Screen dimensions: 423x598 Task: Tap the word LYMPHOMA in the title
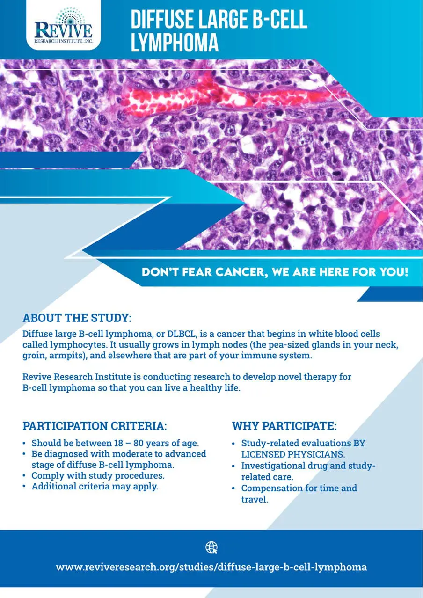[175, 42]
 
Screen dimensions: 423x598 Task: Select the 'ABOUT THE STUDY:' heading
[77, 318]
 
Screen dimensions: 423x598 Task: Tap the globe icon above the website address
[211, 547]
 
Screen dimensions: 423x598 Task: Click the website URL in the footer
[211, 567]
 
